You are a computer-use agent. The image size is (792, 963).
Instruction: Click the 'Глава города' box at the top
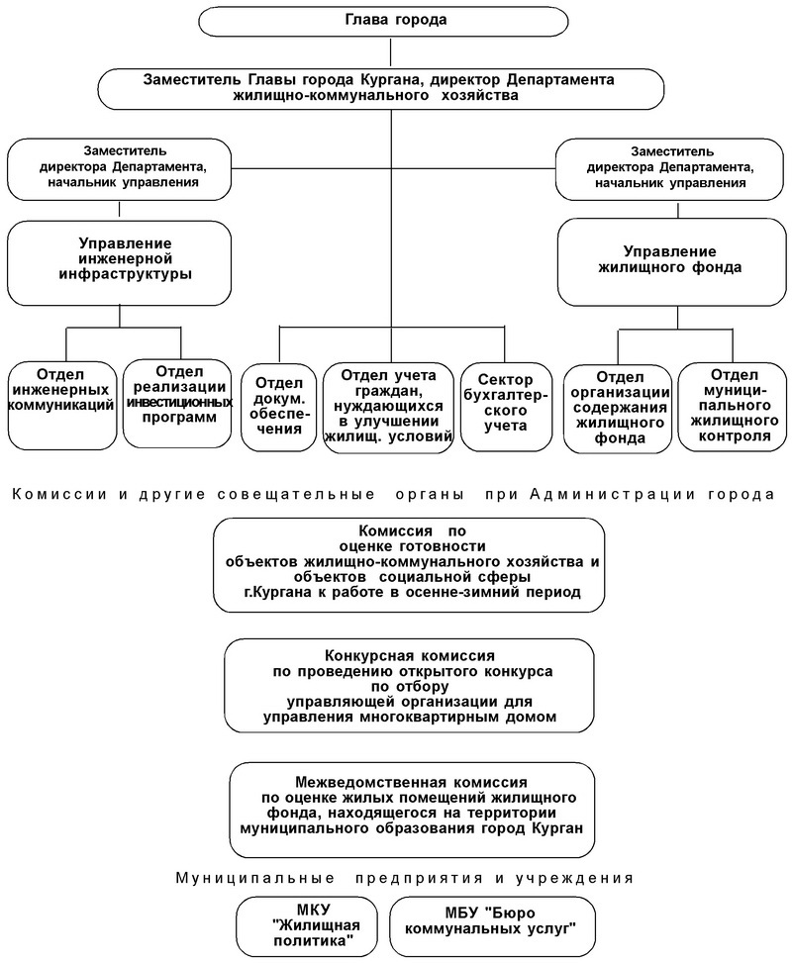point(394,21)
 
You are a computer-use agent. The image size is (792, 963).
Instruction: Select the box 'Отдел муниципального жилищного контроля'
point(734,406)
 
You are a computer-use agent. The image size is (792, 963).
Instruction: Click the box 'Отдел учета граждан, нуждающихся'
point(389,406)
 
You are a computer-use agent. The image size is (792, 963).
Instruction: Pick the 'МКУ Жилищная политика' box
point(312,924)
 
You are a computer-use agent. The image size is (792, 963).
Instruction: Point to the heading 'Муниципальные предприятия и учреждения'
point(404,877)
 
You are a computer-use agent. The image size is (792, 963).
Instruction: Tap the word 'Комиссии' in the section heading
point(47,493)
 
